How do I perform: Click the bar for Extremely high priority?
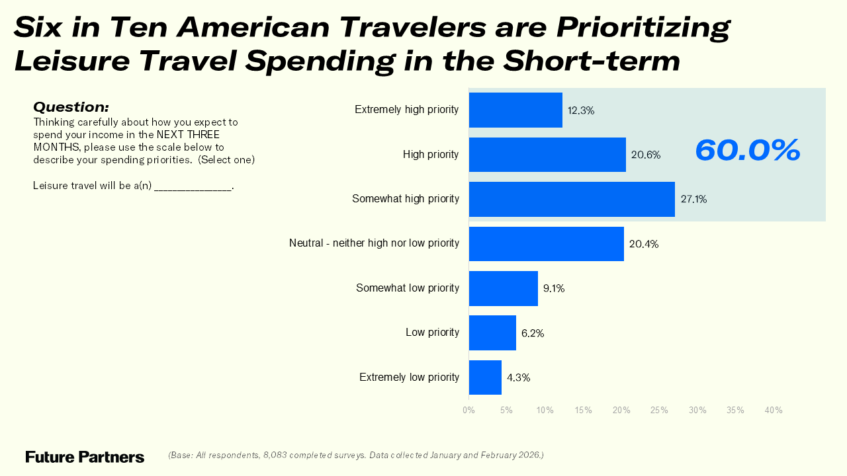coord(515,110)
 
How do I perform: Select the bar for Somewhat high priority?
coord(572,199)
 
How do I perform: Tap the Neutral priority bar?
coord(546,244)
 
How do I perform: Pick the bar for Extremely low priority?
coord(485,377)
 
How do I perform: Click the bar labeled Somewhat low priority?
coord(503,288)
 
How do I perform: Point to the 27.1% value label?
coord(693,199)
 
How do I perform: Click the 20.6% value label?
coord(645,155)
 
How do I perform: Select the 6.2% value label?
coord(532,333)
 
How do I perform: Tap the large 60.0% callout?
coord(747,150)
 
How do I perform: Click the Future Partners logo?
coord(85,457)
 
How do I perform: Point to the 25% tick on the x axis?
coord(659,411)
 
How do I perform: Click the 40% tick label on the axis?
coord(774,411)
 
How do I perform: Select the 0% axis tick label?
coord(468,411)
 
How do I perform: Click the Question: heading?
coord(71,107)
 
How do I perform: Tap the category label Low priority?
coord(432,333)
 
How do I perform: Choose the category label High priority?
coord(431,155)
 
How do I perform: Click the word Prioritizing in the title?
coord(643,28)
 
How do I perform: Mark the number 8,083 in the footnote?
coord(277,456)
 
